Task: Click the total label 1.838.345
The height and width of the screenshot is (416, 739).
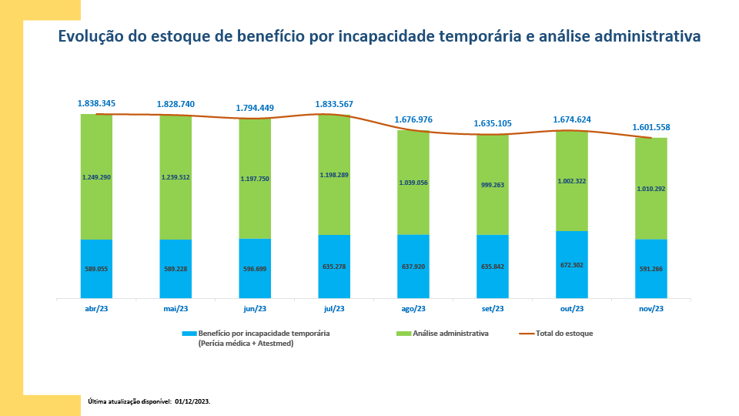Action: coord(96,102)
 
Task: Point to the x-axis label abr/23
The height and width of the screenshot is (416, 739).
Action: coord(96,308)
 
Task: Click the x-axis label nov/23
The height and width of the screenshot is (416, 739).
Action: coord(650,308)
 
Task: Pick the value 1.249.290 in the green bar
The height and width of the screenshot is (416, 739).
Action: coord(96,176)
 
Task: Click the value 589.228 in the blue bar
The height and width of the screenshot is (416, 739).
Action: coord(176,268)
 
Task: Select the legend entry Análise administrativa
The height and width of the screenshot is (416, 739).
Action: coord(450,334)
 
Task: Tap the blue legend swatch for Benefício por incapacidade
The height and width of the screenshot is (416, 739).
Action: coord(189,334)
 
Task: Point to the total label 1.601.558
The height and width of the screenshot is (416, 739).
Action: coord(651,127)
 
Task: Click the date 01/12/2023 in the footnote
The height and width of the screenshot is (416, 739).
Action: coord(192,401)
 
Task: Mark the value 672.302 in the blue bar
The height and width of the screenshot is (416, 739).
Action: coord(571,265)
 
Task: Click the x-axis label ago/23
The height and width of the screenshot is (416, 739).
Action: coord(413,308)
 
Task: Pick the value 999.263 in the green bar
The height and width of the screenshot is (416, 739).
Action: coord(493,185)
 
